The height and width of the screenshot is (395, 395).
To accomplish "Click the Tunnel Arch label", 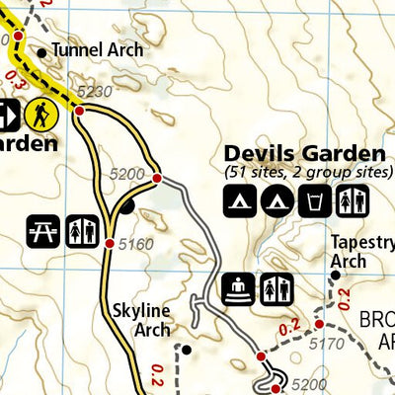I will click(97, 49).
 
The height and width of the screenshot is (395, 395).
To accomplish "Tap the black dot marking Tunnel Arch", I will click(41, 52).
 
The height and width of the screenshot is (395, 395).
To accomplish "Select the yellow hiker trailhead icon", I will click(41, 116).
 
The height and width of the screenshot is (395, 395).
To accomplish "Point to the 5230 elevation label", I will click(92, 92).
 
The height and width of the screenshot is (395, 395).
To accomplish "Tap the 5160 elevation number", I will click(136, 243).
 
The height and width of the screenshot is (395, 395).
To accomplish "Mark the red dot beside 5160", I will click(109, 243).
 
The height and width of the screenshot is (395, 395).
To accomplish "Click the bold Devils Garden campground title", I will click(303, 153).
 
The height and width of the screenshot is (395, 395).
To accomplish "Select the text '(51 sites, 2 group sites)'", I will click(303, 174).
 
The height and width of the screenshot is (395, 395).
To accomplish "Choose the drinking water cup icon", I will click(313, 201).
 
